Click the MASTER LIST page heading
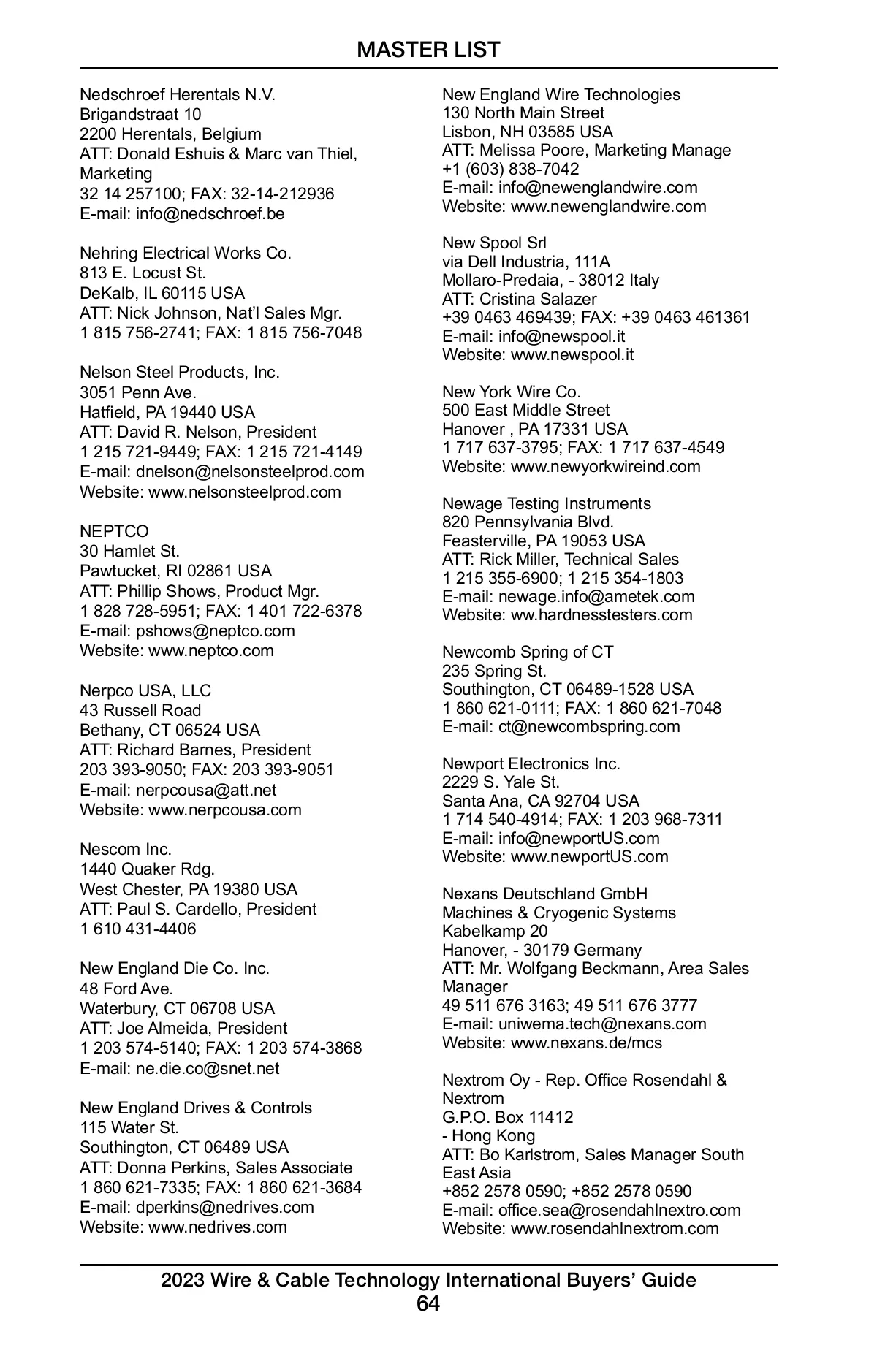[428, 50]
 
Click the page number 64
[428, 1303]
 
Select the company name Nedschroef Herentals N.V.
[178, 95]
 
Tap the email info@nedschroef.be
[182, 214]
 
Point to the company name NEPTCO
[114, 531]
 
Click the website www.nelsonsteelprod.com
[210, 492]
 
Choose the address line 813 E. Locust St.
[143, 273]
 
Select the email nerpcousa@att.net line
[178, 790]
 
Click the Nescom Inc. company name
[126, 850]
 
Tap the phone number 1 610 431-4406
[138, 929]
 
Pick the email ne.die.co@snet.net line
[179, 1068]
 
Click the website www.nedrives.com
[183, 1227]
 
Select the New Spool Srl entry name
[494, 243]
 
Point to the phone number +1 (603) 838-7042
[511, 169]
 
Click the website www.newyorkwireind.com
[571, 466]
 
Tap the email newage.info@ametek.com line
[568, 596]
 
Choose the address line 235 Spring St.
[494, 671]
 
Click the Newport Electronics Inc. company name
[531, 763]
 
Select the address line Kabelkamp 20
[495, 931]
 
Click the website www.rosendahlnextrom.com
[580, 1228]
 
